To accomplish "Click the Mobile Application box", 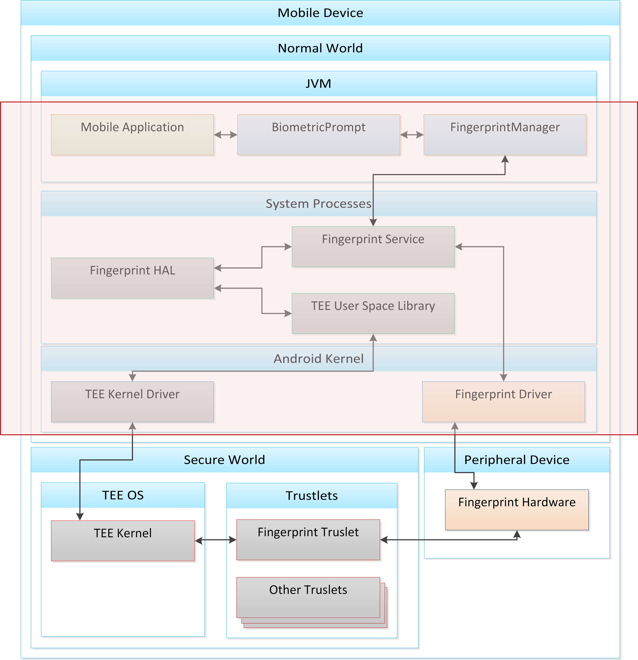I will [x=132, y=135].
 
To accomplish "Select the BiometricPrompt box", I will [x=319, y=135].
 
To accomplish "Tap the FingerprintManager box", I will [x=505, y=135].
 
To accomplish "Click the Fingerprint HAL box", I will [x=132, y=278].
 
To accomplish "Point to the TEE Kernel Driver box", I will [x=132, y=402].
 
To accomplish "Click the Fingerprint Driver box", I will [x=503, y=402].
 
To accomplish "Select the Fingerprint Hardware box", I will [x=517, y=510].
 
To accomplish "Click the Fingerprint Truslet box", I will [x=308, y=540].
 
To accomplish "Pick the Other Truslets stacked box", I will [x=308, y=598].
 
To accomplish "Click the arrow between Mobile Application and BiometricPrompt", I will [x=226, y=135].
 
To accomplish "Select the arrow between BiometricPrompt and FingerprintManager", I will [x=412, y=135].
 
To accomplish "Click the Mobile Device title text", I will [x=320, y=13].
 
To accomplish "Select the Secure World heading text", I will [x=224, y=460].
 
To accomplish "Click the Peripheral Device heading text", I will [x=517, y=460].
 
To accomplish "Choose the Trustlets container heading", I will [x=312, y=496].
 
